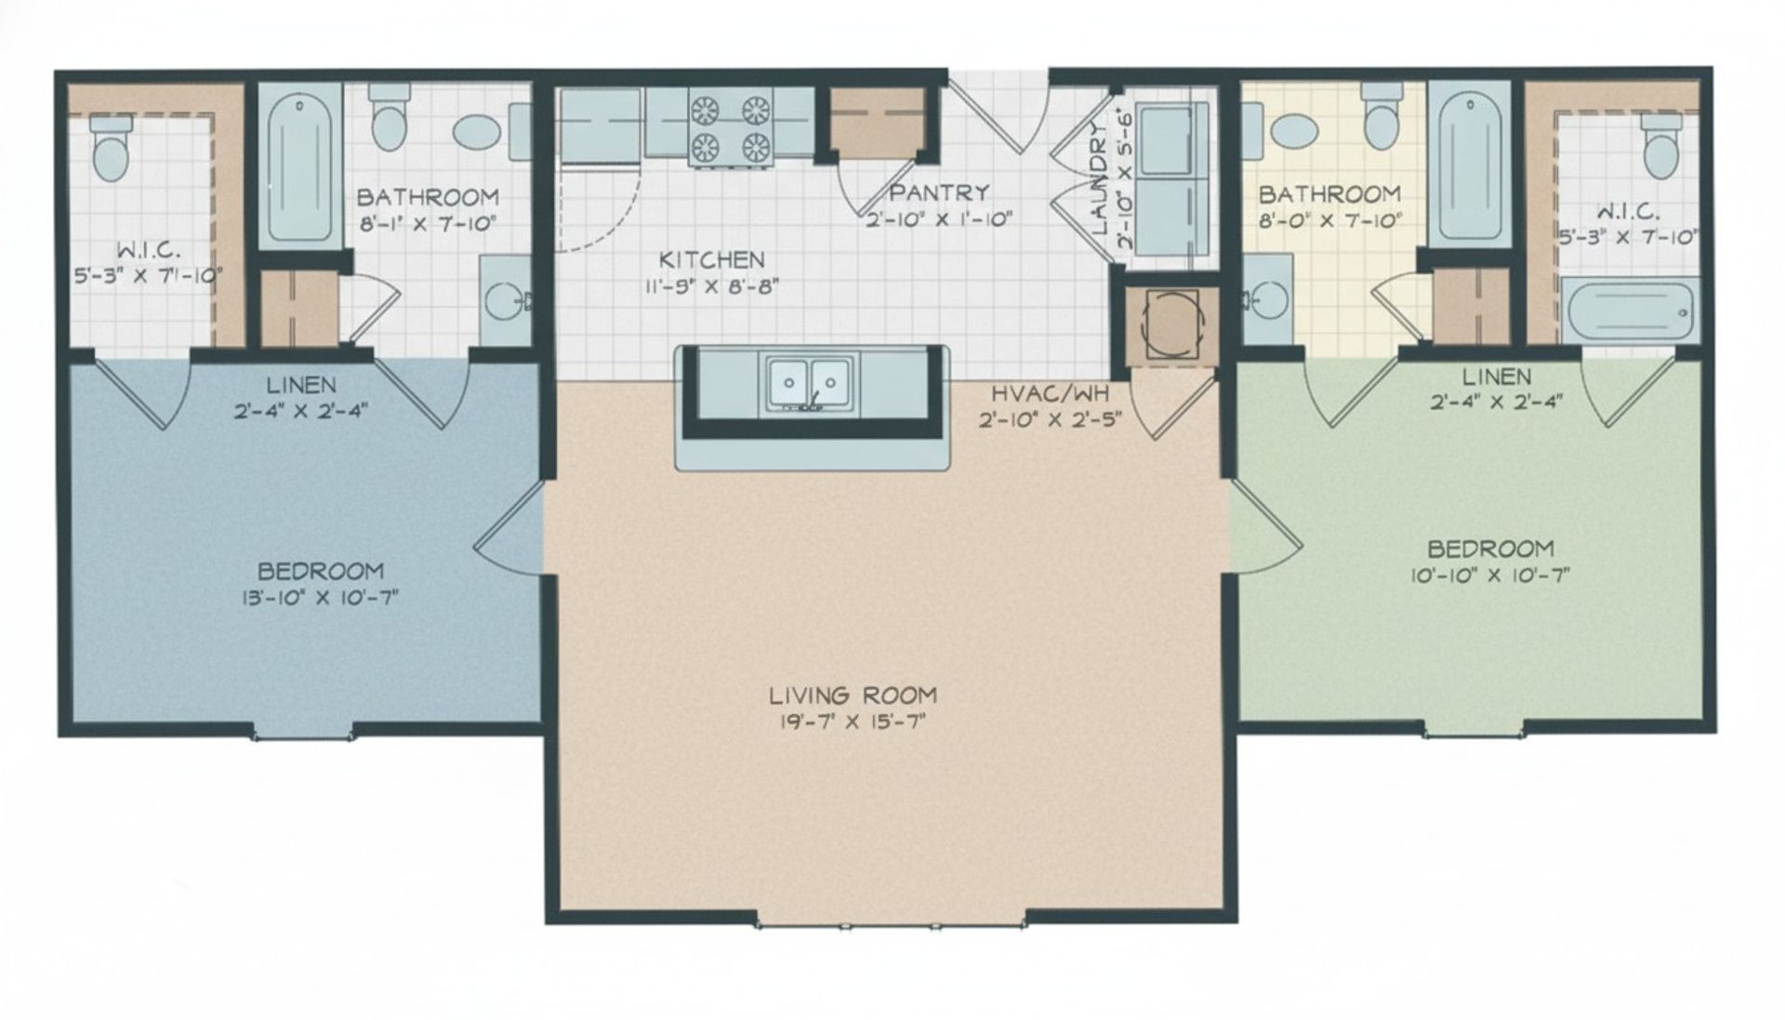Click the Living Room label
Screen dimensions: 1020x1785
point(853,695)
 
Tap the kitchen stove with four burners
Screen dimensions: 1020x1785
point(731,127)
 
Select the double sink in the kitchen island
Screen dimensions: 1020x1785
point(809,381)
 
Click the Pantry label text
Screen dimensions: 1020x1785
point(939,192)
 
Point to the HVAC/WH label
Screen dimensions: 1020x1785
point(1051,393)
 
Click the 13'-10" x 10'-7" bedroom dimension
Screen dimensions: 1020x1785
point(319,597)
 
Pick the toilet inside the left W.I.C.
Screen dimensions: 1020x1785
point(111,150)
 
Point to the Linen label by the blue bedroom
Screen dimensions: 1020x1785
point(300,385)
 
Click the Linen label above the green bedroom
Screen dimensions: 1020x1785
point(1496,377)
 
